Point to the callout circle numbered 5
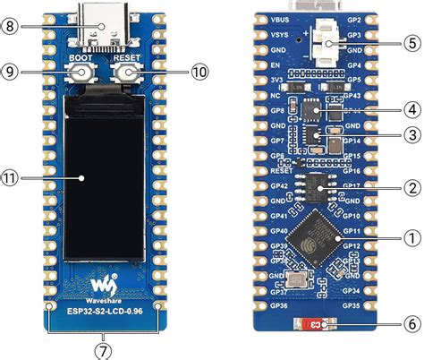(411, 41)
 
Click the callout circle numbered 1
(411, 239)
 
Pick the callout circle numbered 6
(411, 323)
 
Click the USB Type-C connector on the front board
(105, 20)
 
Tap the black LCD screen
(105, 179)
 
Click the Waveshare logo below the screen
(104, 284)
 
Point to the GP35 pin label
(350, 304)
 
